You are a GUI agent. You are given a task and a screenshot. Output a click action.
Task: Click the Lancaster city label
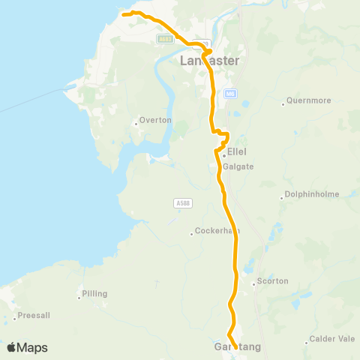pos(210,61)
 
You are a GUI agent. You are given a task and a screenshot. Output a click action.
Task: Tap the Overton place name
pos(155,120)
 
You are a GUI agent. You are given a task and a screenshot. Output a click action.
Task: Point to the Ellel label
pos(236,151)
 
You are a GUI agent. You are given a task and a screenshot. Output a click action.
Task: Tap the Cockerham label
pos(216,231)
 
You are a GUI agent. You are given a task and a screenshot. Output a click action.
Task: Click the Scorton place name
pos(272,281)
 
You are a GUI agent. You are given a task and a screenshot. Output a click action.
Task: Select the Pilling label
pos(95,293)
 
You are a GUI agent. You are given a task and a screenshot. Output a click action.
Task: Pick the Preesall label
pos(34,316)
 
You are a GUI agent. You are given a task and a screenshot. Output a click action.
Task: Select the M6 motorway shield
pos(229,93)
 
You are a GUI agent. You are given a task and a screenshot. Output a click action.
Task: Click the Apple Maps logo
pos(27,347)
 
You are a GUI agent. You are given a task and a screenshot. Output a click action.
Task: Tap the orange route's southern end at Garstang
pos(235,347)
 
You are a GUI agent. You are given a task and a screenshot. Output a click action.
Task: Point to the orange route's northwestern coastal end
pos(124,13)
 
